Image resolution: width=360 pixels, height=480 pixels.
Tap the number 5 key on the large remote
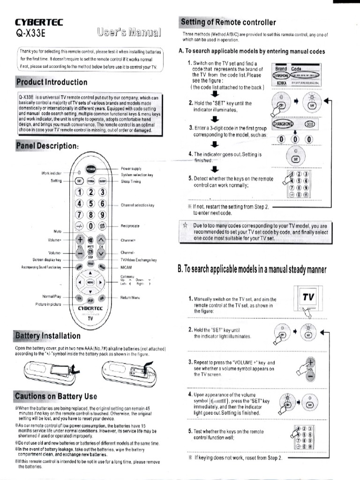[x=90, y=204]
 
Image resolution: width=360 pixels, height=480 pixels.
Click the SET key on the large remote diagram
[x=79, y=181]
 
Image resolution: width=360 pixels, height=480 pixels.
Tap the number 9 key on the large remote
[x=102, y=215]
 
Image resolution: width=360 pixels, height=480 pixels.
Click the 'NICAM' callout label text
[x=126, y=267]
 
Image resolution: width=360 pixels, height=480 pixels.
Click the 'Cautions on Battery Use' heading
[x=56, y=397]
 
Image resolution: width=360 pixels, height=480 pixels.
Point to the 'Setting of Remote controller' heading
[x=228, y=22]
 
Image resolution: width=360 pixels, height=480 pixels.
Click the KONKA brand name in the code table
[x=282, y=83]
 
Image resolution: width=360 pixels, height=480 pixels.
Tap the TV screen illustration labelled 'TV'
[x=307, y=300]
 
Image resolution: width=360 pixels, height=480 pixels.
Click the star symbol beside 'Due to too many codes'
[x=185, y=225]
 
